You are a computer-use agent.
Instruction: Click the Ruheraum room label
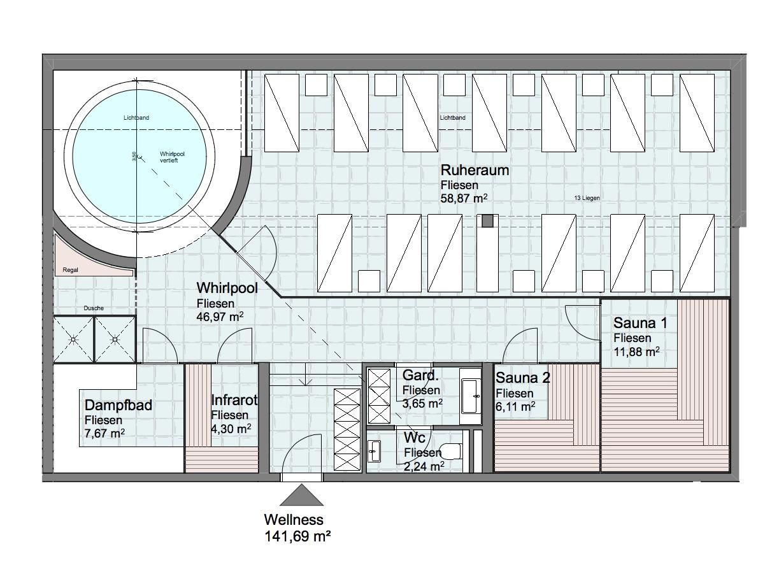pos(475,170)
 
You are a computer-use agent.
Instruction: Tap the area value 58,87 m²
pos(464,198)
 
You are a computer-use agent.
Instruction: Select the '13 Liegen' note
pos(587,198)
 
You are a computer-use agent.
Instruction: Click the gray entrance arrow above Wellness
pos(301,495)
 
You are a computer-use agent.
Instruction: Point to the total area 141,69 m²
pos(297,536)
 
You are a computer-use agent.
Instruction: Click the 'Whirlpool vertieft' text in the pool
pos(172,157)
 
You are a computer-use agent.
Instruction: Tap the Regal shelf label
pos(70,270)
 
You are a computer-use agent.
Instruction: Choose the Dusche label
pos(94,308)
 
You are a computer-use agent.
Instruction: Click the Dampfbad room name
pos(118,405)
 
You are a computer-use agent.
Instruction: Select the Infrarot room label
pos(234,400)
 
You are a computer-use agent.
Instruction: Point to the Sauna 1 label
pos(640,323)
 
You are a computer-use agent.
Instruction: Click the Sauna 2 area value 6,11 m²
pos(515,407)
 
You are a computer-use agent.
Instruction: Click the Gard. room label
pos(420,375)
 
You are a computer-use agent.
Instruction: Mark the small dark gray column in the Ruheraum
pos(488,221)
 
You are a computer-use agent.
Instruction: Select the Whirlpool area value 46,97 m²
pos(220,317)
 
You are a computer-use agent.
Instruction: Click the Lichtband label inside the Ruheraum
pos(453,118)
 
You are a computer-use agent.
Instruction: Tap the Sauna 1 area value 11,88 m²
pos(636,352)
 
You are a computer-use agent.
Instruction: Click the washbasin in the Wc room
pos(374,451)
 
